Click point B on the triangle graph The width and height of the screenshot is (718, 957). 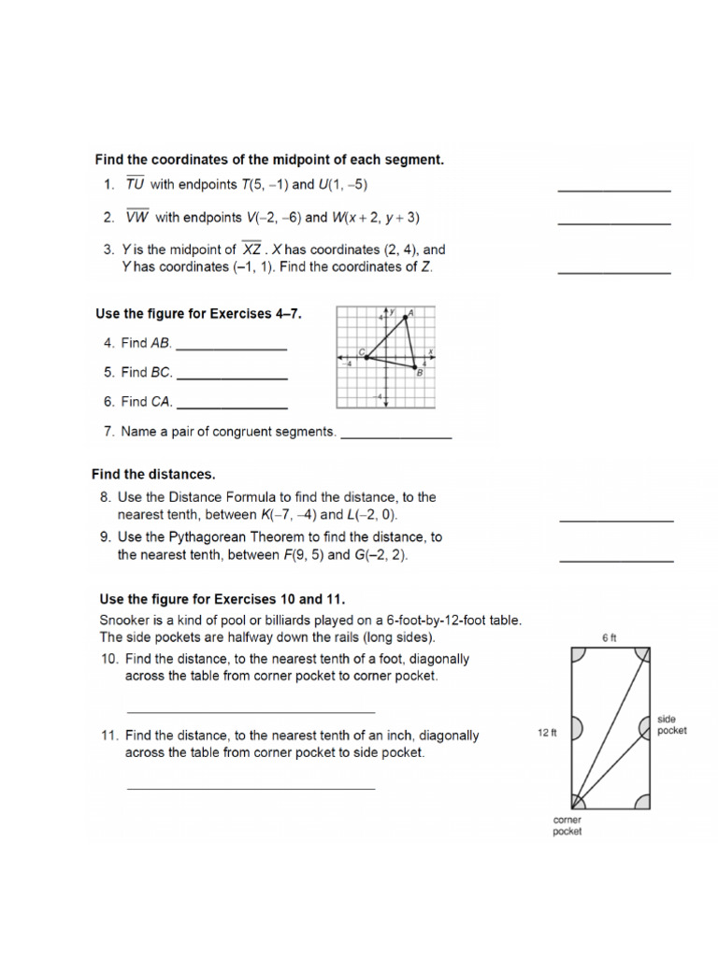[416, 367]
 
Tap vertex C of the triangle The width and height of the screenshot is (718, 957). [366, 356]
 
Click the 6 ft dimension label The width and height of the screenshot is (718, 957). [610, 637]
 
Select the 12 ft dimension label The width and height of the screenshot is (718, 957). [547, 734]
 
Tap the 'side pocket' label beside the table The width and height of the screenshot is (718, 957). [671, 724]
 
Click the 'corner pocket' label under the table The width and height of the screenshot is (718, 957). [567, 825]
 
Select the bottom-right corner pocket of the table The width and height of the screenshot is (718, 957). [644, 801]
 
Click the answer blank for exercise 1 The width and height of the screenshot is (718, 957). [614, 190]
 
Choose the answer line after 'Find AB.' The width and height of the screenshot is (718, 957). [231, 349]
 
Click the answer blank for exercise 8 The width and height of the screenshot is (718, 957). [616, 520]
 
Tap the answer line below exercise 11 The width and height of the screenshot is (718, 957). [251, 788]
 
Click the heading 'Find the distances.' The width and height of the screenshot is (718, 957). [153, 475]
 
